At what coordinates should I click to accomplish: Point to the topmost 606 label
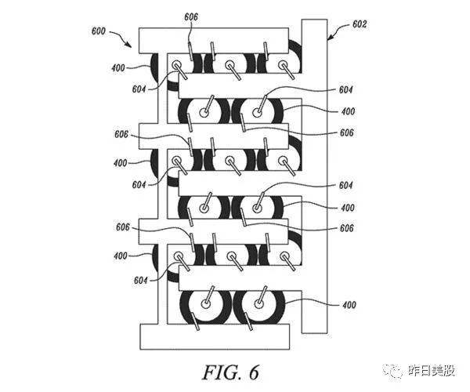click(x=190, y=16)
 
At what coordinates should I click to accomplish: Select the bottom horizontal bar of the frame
click(x=215, y=337)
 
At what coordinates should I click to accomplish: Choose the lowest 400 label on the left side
click(x=119, y=256)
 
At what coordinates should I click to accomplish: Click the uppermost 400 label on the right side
click(x=347, y=112)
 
